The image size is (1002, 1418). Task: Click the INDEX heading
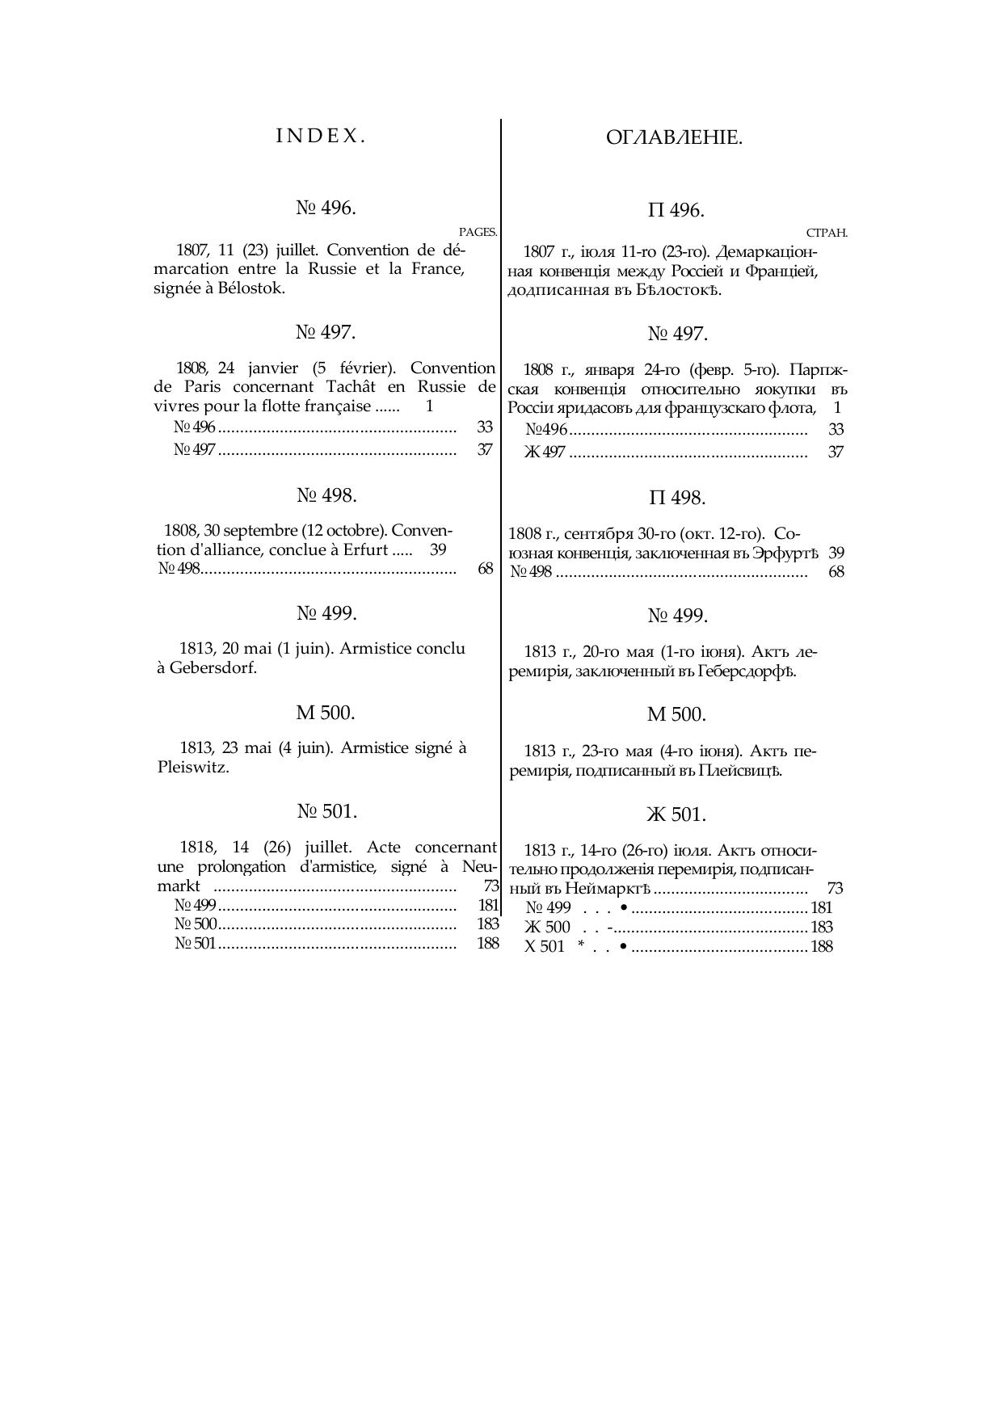[x=321, y=136]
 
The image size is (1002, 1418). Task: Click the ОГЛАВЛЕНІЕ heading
[x=674, y=138]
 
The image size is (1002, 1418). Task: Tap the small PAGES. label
[x=478, y=232]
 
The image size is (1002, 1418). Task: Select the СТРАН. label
[x=827, y=233]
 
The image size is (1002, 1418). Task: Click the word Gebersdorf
[x=213, y=668]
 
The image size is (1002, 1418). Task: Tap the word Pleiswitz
[x=193, y=768]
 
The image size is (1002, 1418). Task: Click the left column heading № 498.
[x=326, y=495]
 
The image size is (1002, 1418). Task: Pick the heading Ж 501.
[x=676, y=814]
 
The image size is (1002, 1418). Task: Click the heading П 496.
[x=676, y=211]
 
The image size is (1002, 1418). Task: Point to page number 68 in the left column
[x=485, y=569]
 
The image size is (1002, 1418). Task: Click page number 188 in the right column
[x=821, y=947]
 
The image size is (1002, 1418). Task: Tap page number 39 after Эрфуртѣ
[x=836, y=553]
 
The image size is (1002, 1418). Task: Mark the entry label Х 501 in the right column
[x=545, y=947]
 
